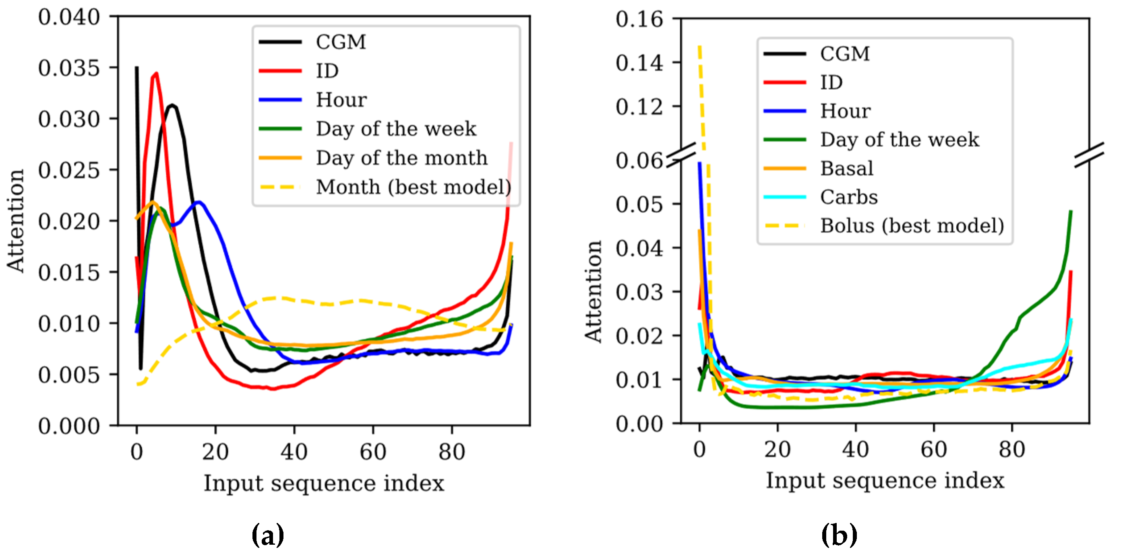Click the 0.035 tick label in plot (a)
click(69, 68)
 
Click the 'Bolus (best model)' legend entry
click(912, 226)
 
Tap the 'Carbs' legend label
click(849, 197)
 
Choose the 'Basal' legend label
click(847, 168)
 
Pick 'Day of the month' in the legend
click(401, 158)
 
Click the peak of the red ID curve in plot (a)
click(156, 74)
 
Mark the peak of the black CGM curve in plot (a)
click(172, 105)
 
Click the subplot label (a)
click(268, 535)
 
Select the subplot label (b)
click(839, 535)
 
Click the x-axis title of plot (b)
click(885, 480)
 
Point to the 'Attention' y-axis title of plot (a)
click(16, 221)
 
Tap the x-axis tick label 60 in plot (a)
click(373, 452)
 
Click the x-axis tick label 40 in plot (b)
click(855, 449)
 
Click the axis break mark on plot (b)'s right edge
click(1089, 155)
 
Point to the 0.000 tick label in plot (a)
click(69, 426)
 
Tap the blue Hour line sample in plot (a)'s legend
click(280, 100)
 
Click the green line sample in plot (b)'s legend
click(785, 140)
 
